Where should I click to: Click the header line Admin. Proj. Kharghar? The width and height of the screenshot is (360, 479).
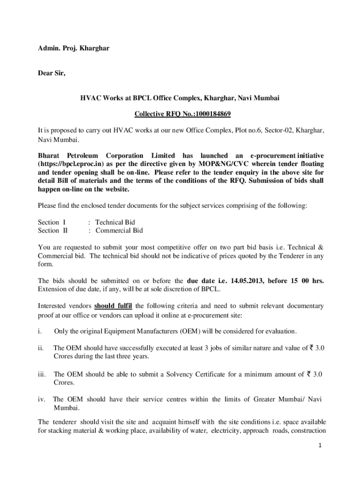73,48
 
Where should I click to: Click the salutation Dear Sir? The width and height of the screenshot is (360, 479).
52,73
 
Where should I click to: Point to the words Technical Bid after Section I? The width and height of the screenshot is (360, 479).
115,222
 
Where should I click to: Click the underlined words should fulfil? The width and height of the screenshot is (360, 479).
113,306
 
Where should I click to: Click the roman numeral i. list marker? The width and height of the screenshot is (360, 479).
40,331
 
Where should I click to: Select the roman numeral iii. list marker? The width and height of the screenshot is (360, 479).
42,374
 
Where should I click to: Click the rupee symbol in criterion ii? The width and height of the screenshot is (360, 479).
310,348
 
